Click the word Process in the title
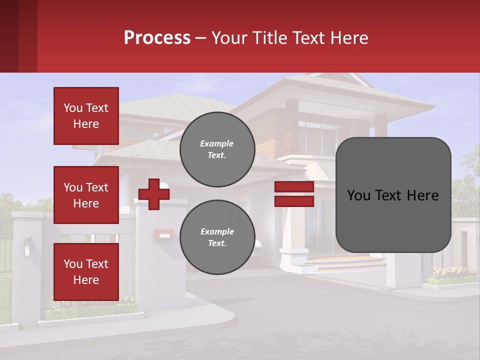(x=157, y=38)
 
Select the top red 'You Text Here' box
(x=86, y=116)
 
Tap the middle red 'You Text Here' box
(x=86, y=195)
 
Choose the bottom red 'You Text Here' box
(x=86, y=272)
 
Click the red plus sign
(x=154, y=194)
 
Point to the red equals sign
(x=294, y=194)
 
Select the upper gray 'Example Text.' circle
(x=217, y=149)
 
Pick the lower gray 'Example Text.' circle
(x=217, y=237)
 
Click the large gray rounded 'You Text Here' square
(x=393, y=195)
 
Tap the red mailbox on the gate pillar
(x=163, y=233)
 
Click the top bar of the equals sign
(x=294, y=187)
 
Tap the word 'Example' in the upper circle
(x=217, y=143)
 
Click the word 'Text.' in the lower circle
(x=217, y=243)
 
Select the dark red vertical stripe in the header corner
(x=9, y=36)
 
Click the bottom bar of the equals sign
(x=294, y=201)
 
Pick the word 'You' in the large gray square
(x=358, y=195)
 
